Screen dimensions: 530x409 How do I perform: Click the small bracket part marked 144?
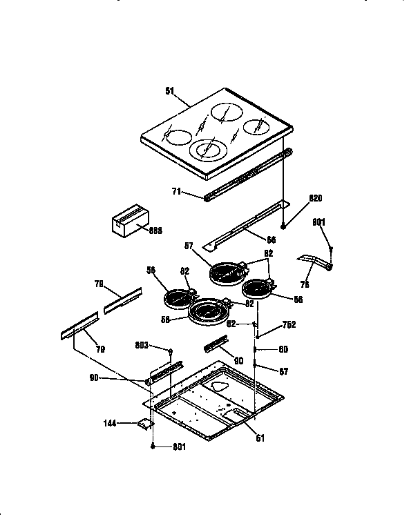(145, 424)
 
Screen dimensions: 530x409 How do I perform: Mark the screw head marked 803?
(168, 351)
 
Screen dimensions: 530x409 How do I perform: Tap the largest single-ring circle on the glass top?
(229, 112)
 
